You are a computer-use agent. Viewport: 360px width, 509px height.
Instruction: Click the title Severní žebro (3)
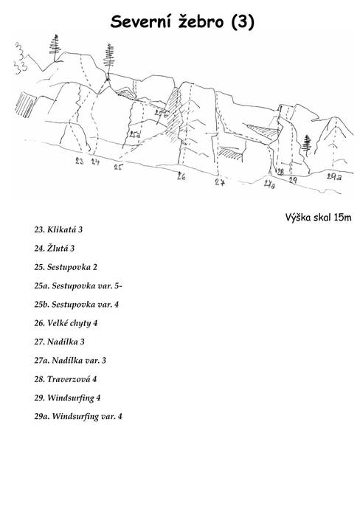[x=182, y=22]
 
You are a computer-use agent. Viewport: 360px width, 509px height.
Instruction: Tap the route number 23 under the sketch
[x=79, y=161]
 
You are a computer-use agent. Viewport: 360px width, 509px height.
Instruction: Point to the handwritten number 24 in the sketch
[x=94, y=162]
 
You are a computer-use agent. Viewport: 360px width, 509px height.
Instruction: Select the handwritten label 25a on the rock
[x=134, y=135]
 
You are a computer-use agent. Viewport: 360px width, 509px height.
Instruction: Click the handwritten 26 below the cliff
[x=181, y=176]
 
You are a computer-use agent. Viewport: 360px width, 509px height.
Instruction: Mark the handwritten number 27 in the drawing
[x=220, y=182]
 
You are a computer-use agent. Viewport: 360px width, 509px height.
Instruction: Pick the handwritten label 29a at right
[x=334, y=177]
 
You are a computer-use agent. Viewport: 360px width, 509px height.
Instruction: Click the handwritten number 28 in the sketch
[x=280, y=172]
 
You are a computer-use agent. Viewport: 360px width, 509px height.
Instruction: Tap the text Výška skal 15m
[x=318, y=217]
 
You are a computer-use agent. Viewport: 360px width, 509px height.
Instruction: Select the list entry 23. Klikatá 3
[x=58, y=229]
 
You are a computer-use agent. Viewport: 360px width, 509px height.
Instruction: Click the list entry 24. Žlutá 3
[x=54, y=249]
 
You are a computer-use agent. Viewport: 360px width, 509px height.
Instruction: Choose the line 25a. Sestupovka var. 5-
[x=78, y=285]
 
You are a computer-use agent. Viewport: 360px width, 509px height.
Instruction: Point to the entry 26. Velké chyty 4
[x=66, y=323]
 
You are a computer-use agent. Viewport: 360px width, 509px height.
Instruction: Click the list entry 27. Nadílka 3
[x=60, y=342]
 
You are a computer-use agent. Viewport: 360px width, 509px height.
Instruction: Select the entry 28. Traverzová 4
[x=66, y=379]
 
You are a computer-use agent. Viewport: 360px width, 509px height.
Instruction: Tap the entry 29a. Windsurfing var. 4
[x=78, y=417]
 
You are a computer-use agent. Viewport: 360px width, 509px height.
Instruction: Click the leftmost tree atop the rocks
[x=55, y=48]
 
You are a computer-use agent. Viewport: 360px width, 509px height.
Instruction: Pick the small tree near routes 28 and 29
[x=306, y=145]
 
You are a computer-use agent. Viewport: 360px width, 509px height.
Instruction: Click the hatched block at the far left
[x=25, y=105]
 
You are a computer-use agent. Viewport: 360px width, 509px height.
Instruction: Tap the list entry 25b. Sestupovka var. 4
[x=77, y=305]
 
